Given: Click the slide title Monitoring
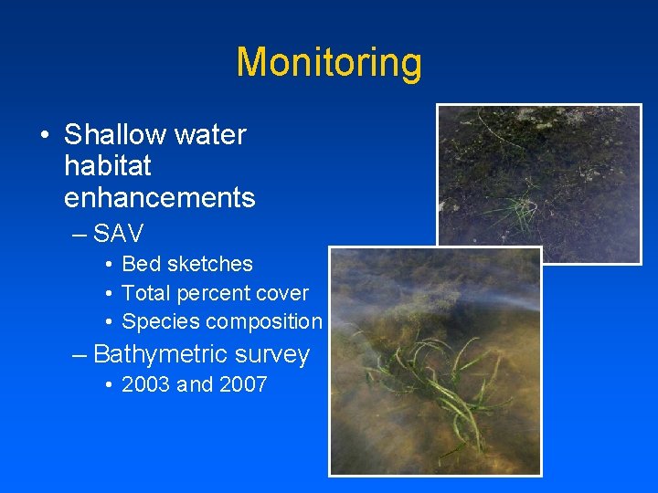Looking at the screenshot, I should click(329, 63).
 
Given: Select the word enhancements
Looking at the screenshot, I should click(160, 197).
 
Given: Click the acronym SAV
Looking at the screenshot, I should click(119, 234).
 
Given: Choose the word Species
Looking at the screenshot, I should click(161, 322).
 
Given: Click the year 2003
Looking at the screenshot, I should click(146, 384).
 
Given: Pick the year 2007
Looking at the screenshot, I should click(242, 384).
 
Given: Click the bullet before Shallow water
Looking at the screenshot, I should click(44, 135).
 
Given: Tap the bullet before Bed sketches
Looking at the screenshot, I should click(108, 264).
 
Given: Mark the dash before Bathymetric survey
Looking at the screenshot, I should click(80, 354).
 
